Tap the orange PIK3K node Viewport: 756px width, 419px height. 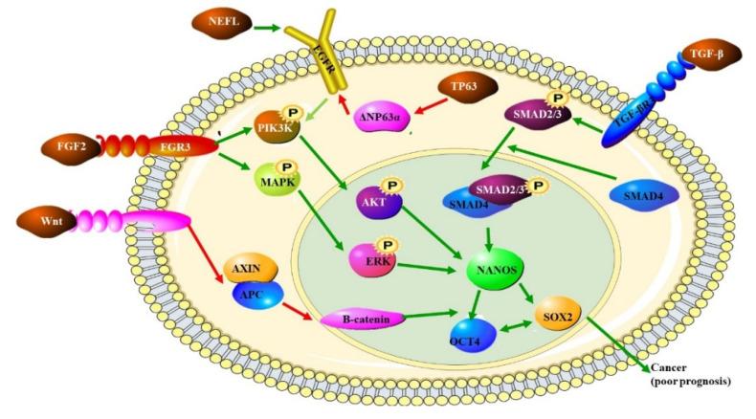pos(276,128)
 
